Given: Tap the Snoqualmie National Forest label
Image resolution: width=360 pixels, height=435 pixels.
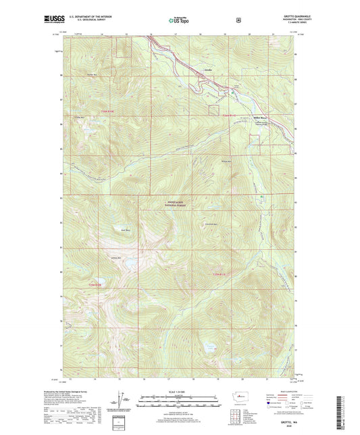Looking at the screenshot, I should [x=177, y=205].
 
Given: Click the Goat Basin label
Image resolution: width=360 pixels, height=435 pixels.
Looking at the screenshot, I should [x=125, y=229].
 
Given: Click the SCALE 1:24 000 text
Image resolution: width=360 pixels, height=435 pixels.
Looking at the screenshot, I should [x=180, y=392].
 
